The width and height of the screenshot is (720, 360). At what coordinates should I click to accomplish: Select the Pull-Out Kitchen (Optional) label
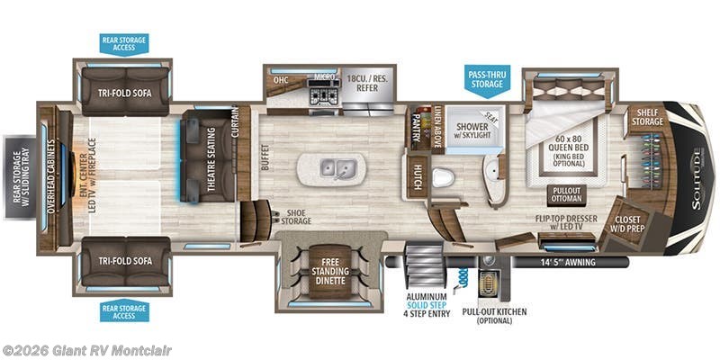tap(494, 317)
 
